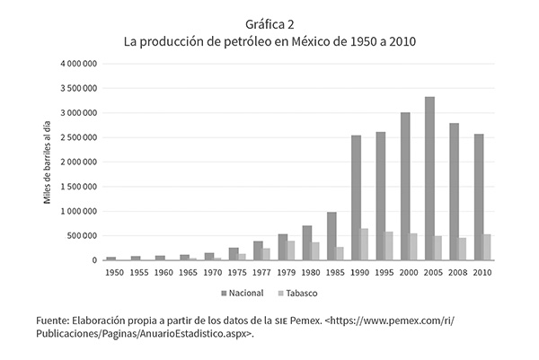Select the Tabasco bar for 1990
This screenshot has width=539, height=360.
[x=365, y=244]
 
